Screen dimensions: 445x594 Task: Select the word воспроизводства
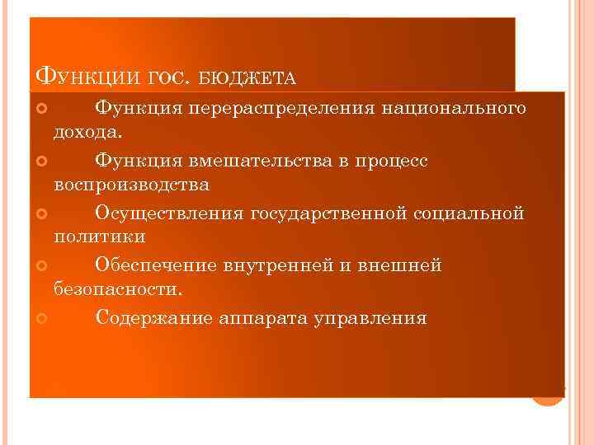[x=132, y=185]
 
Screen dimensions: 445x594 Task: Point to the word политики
[x=101, y=237]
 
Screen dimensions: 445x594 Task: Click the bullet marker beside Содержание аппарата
[x=43, y=318]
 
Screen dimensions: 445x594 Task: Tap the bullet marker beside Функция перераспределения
[x=43, y=109]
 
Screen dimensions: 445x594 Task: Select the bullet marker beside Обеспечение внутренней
[x=43, y=265]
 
